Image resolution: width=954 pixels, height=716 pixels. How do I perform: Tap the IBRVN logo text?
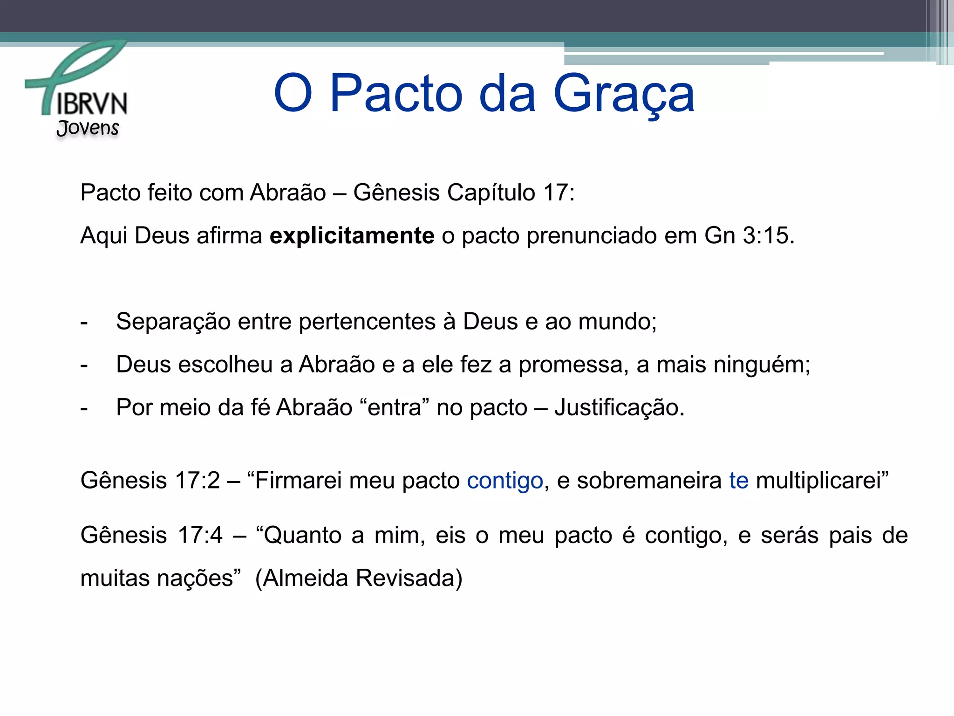coord(92,103)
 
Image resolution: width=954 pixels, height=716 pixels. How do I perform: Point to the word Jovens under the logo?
coord(88,128)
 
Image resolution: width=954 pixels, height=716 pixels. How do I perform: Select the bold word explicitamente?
coord(352,235)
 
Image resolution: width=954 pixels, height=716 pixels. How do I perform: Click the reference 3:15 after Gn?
coord(768,235)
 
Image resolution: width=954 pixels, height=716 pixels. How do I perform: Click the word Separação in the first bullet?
coord(173,322)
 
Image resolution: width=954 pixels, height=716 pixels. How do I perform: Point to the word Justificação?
coord(619,408)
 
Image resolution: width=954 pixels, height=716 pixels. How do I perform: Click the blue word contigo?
coord(505,481)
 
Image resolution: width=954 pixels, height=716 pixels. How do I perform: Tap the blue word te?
coord(739,481)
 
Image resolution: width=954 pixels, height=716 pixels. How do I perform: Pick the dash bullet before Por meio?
coord(84,409)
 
